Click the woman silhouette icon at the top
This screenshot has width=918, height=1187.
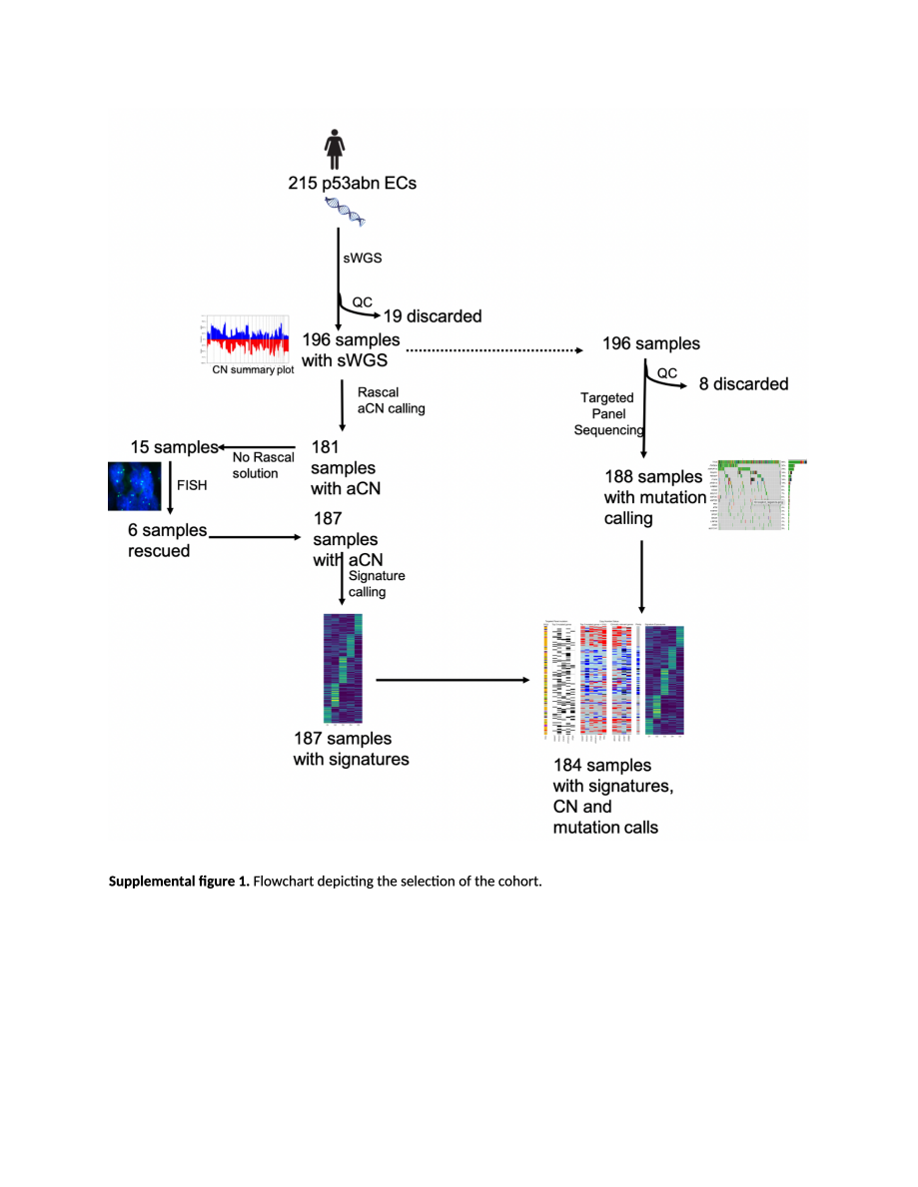[x=335, y=151]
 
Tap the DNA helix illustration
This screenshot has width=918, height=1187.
[x=346, y=212]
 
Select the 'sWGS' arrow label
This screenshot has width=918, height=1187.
[x=363, y=258]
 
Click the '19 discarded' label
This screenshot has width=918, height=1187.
[x=432, y=316]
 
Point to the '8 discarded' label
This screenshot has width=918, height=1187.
[x=743, y=383]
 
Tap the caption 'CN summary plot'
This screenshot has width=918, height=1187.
[x=253, y=369]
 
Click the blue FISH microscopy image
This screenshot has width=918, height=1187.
[x=134, y=487]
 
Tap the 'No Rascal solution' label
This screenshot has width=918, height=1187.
[x=263, y=465]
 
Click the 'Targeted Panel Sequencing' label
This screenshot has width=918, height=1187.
[x=606, y=413]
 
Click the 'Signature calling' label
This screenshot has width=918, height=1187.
[x=376, y=583]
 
